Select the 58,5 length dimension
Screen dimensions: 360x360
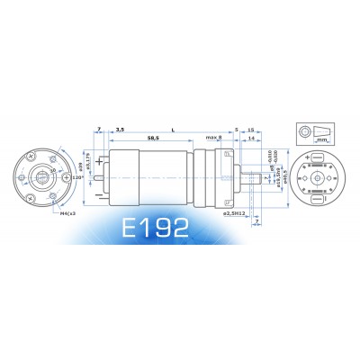point(152,138)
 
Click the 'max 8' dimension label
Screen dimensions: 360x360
point(213,138)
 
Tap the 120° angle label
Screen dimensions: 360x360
point(78,178)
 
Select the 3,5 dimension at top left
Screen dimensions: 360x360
point(120,129)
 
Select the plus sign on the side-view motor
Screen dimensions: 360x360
point(99,163)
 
